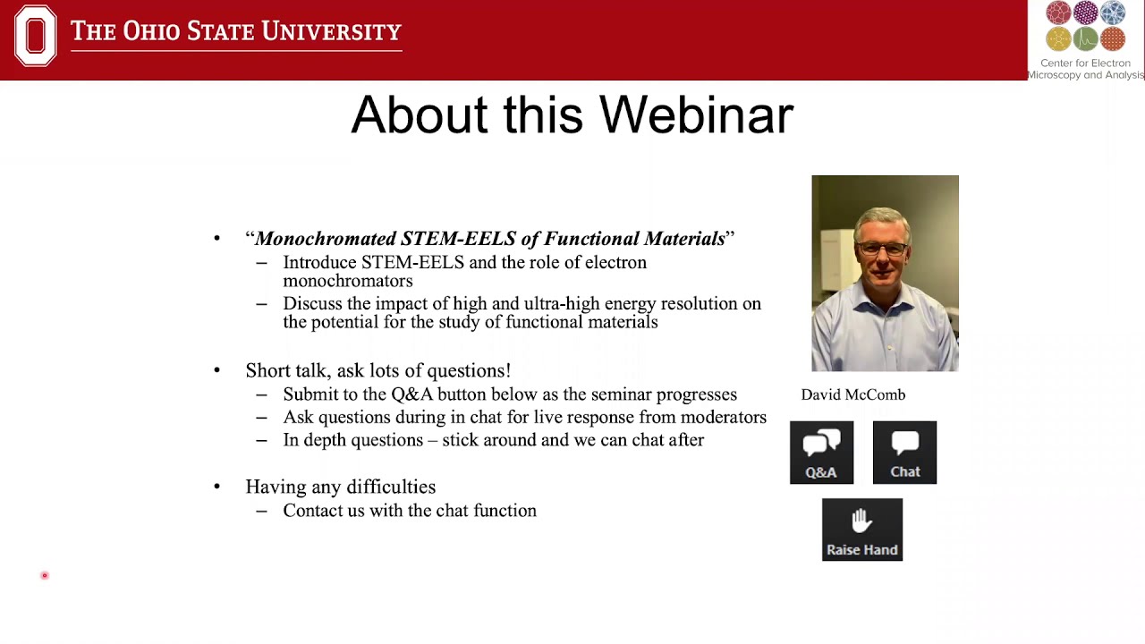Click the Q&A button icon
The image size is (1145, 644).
click(821, 452)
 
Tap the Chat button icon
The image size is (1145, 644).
click(904, 452)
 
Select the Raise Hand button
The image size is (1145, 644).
click(861, 530)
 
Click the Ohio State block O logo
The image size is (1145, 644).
click(36, 36)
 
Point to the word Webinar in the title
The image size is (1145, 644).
click(695, 115)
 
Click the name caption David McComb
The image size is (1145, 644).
click(852, 394)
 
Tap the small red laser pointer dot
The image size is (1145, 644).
click(44, 575)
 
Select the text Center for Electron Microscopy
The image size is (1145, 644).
click(1085, 69)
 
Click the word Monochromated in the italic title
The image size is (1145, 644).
click(326, 239)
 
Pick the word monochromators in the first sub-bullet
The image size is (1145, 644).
click(347, 281)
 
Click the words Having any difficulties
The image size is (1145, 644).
click(340, 487)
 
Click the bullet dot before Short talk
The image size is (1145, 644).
click(216, 370)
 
